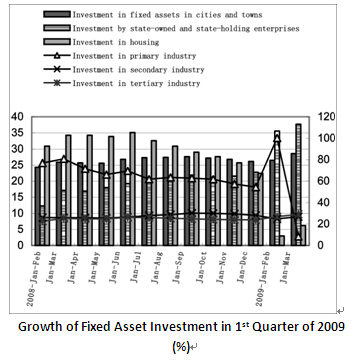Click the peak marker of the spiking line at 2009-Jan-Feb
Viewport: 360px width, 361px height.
click(277, 134)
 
